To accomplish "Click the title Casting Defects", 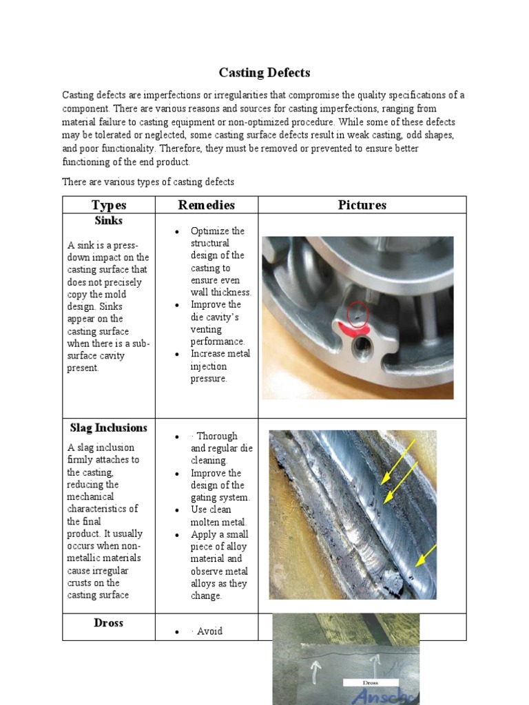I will tap(264, 72).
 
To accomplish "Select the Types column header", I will tap(109, 205).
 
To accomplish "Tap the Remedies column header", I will tap(206, 205).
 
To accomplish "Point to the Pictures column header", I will tap(362, 205).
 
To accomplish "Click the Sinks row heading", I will tap(109, 221).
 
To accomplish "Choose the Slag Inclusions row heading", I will tap(109, 428).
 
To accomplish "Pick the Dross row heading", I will tap(109, 623).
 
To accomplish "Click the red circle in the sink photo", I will tap(357, 314).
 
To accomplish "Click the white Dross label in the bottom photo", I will tap(371, 684).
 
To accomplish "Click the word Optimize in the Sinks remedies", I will tap(208, 231).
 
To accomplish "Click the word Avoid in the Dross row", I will tap(209, 631).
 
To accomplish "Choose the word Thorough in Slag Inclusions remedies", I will tap(217, 436).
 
